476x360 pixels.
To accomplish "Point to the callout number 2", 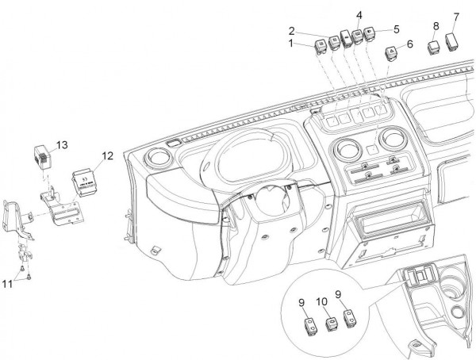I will [x=293, y=30].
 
